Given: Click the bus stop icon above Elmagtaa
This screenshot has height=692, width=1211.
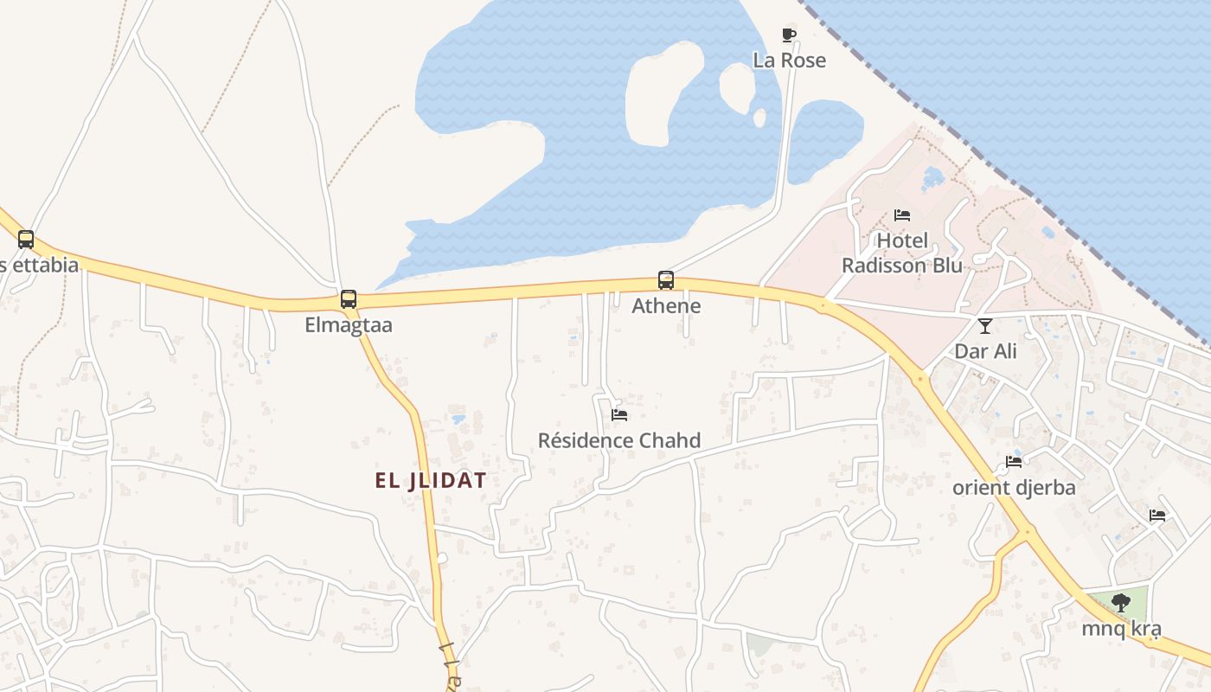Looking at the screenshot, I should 349,299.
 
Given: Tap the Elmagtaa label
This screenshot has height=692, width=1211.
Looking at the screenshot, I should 349,325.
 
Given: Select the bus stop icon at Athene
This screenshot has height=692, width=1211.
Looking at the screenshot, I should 666,280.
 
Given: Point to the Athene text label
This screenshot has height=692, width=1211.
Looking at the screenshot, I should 666,306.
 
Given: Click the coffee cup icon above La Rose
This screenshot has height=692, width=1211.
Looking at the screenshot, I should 789,35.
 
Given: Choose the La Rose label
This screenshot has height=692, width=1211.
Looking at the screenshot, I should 789,61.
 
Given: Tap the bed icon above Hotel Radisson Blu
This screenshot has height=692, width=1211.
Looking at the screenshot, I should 902,215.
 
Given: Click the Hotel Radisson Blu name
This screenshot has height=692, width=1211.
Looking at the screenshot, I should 902,253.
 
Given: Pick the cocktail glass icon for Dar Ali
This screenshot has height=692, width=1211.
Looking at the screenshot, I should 985,326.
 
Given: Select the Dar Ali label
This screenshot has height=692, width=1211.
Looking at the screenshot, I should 985,352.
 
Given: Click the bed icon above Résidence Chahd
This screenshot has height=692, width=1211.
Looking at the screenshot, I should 619,415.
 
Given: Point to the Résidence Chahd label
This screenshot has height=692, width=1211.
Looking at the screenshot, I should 619,441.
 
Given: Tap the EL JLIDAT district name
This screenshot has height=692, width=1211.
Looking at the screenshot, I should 431,481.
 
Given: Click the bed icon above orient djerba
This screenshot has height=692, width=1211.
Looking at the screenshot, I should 1014,462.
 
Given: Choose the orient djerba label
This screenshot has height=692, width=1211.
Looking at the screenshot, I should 1014,488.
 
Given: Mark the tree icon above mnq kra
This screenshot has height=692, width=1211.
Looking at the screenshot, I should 1121,603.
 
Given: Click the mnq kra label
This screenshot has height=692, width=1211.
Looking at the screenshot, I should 1121,629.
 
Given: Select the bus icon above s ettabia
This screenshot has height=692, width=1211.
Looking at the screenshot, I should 26,240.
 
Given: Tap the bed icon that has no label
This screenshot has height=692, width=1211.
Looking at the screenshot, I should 1157,516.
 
